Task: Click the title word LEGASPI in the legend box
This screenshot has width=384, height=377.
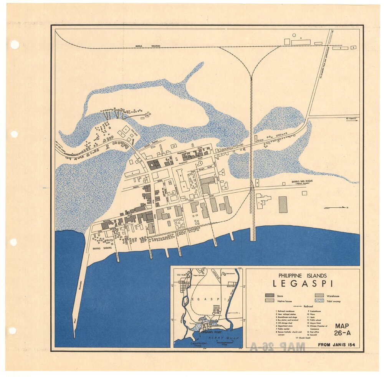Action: tap(303, 284)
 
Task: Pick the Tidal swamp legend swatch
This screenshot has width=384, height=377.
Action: tap(319, 301)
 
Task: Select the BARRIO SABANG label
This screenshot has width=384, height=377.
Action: tap(102, 248)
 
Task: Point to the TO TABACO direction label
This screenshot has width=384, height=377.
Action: tap(350, 119)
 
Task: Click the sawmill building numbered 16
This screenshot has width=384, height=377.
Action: tap(146, 114)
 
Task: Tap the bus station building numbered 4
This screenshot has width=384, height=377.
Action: tap(132, 174)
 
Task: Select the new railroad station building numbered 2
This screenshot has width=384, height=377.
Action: tap(257, 183)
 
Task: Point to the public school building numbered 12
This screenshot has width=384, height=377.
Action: tap(174, 146)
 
